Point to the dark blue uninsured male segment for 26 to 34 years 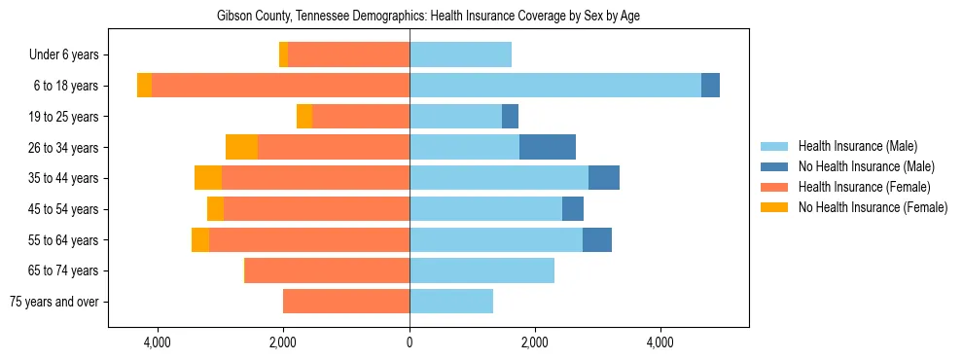547,147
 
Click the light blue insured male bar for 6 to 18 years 554,86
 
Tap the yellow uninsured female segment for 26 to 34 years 241,147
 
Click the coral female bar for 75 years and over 346,302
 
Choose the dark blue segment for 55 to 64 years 596,239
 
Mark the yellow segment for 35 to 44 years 208,178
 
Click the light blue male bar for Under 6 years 460,54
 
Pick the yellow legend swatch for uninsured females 774,207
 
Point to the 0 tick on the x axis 410,342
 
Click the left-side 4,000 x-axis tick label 157,342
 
